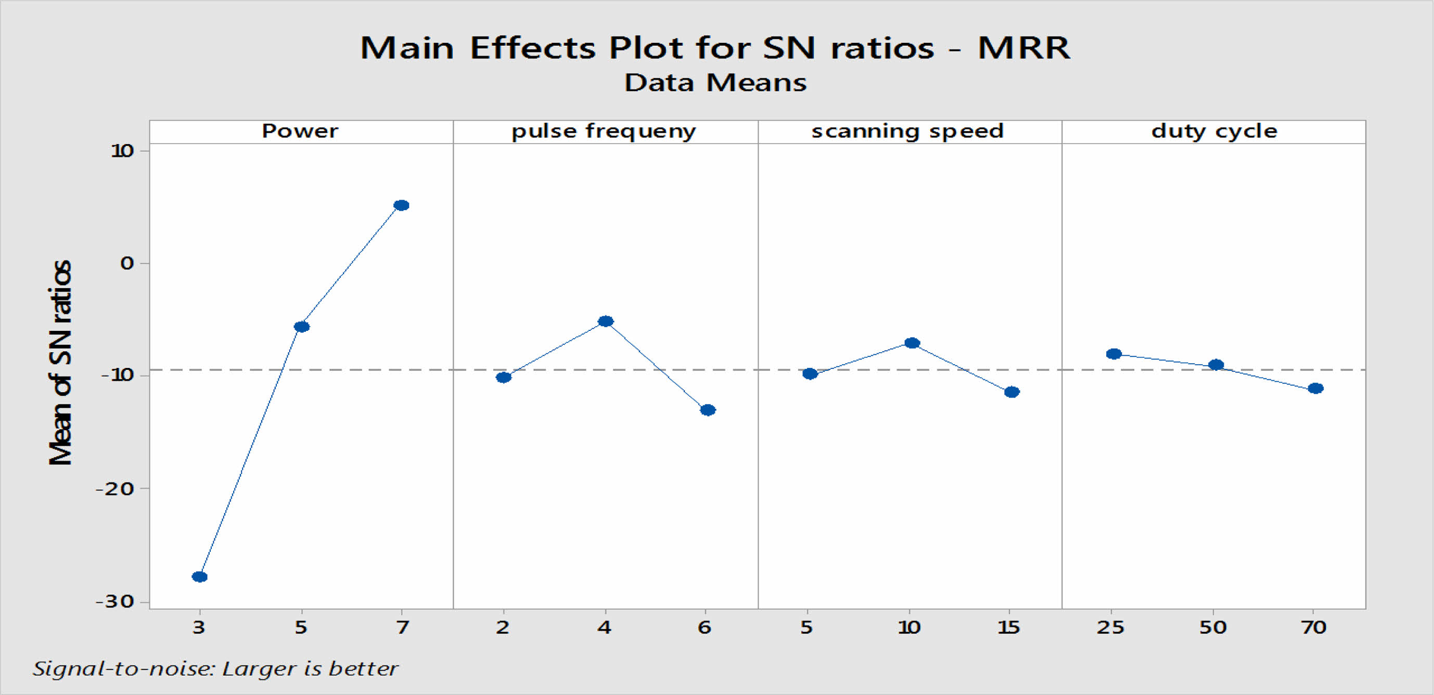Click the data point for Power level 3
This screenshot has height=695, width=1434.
199,576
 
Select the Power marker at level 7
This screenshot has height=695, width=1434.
401,205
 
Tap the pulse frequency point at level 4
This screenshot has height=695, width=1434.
606,321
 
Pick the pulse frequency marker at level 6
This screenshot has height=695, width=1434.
708,410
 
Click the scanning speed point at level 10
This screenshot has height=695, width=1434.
912,343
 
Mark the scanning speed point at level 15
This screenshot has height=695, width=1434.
1012,392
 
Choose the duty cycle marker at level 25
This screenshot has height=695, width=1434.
1114,354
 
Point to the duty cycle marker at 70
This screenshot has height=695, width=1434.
1315,389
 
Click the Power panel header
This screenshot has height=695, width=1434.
300,131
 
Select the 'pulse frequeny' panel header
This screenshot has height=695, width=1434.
604,131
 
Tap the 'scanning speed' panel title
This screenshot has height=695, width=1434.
907,131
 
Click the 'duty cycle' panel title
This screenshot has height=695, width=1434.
1214,131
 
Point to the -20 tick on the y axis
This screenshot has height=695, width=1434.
115,489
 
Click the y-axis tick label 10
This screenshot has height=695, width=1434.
122,151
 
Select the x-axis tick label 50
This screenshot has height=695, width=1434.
1213,628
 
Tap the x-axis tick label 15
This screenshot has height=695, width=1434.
1008,628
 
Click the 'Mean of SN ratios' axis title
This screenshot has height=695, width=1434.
60,362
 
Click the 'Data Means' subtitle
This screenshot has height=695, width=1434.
715,83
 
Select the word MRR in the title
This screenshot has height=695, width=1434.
1023,48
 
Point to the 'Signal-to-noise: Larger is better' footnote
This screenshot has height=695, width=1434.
215,668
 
